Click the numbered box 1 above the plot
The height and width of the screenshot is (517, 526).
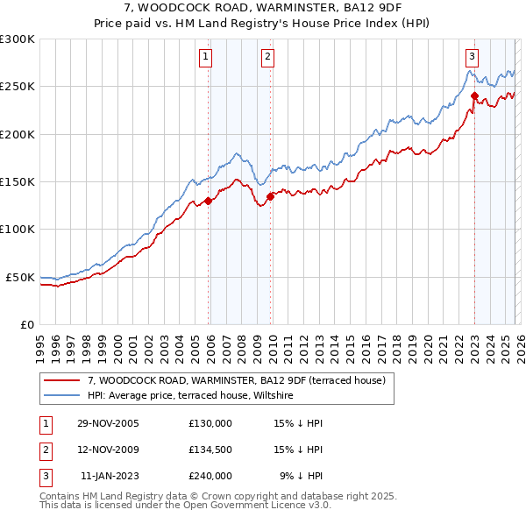click(x=205, y=57)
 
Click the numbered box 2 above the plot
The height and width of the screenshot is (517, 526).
click(x=267, y=57)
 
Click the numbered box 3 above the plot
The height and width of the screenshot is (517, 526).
click(x=472, y=57)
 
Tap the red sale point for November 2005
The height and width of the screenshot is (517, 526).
click(x=209, y=201)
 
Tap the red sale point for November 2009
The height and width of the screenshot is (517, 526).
click(x=271, y=196)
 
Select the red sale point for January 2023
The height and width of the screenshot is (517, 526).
click(x=474, y=96)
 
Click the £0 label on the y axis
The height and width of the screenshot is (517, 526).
click(x=26, y=324)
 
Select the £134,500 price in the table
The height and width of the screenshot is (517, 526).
click(x=210, y=450)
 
